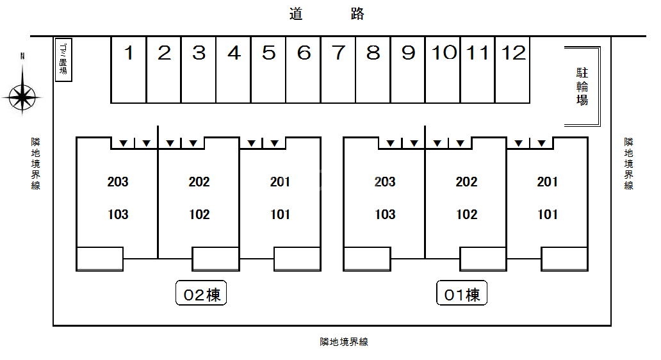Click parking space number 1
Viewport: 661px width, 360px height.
(129, 70)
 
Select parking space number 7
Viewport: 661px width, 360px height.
(338, 70)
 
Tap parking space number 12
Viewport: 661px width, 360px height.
(512, 70)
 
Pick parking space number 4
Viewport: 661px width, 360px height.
(234, 70)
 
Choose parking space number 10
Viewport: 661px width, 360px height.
(443, 70)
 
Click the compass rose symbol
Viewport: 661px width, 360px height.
(22, 97)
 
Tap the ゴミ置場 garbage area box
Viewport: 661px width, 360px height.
(63, 60)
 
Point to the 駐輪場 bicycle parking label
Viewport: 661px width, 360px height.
(582, 86)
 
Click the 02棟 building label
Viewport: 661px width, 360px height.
(201, 293)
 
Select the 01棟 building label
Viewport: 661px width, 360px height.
(462, 293)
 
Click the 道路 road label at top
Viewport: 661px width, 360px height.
(327, 14)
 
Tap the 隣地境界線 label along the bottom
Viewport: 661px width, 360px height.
(344, 342)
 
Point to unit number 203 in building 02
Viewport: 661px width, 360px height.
(118, 182)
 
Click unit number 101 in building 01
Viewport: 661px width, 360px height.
(548, 214)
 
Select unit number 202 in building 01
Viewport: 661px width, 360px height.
(466, 182)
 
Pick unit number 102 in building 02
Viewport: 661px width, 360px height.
(199, 214)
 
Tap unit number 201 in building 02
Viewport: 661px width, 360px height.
(281, 182)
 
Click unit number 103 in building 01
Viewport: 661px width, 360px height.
(386, 214)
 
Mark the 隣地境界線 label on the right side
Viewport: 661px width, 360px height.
(628, 163)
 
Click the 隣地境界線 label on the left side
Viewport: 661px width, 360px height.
(35, 163)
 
